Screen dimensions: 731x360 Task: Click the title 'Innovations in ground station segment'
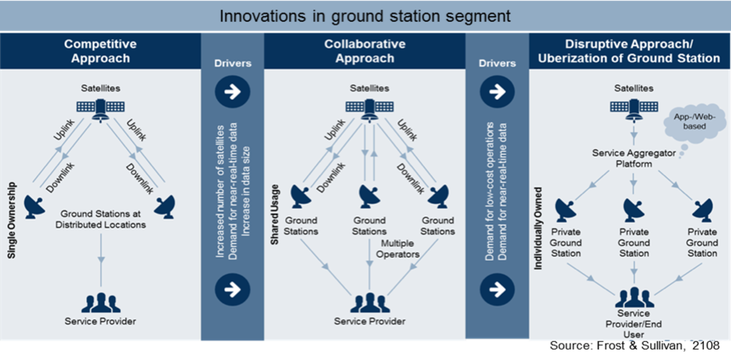[365, 16]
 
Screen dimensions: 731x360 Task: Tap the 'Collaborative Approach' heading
[365, 51]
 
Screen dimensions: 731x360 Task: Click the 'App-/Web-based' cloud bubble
[694, 122]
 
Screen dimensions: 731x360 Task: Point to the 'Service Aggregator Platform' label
[634, 158]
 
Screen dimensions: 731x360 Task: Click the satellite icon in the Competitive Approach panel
[101, 107]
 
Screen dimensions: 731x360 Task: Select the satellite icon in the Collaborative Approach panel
[369, 107]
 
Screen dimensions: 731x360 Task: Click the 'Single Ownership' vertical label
[12, 221]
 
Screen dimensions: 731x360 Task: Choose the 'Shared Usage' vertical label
[275, 215]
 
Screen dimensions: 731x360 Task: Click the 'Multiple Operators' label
[398, 249]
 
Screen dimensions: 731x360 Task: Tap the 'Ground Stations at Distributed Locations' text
[101, 219]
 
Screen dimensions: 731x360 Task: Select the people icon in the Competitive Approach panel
[101, 302]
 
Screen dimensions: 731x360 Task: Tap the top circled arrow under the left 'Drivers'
[232, 91]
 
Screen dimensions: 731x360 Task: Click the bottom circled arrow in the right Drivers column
[497, 289]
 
